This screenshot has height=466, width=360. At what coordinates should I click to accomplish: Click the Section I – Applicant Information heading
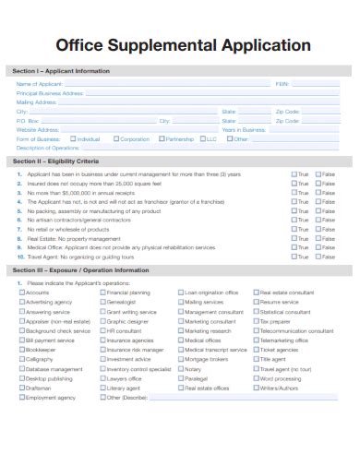60,71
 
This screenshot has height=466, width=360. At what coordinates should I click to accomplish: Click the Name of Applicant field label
39,84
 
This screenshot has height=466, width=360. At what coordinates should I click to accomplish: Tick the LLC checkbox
202,139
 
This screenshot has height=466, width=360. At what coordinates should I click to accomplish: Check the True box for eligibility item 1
293,174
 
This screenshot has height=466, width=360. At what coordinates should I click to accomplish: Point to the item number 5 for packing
19,210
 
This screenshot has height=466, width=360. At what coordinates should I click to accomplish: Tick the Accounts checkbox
21,293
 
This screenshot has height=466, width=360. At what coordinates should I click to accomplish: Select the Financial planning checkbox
102,293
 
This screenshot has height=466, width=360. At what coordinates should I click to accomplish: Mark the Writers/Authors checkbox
256,388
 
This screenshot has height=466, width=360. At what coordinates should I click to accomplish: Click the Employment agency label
51,398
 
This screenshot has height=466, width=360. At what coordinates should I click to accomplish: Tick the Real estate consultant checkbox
256,293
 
